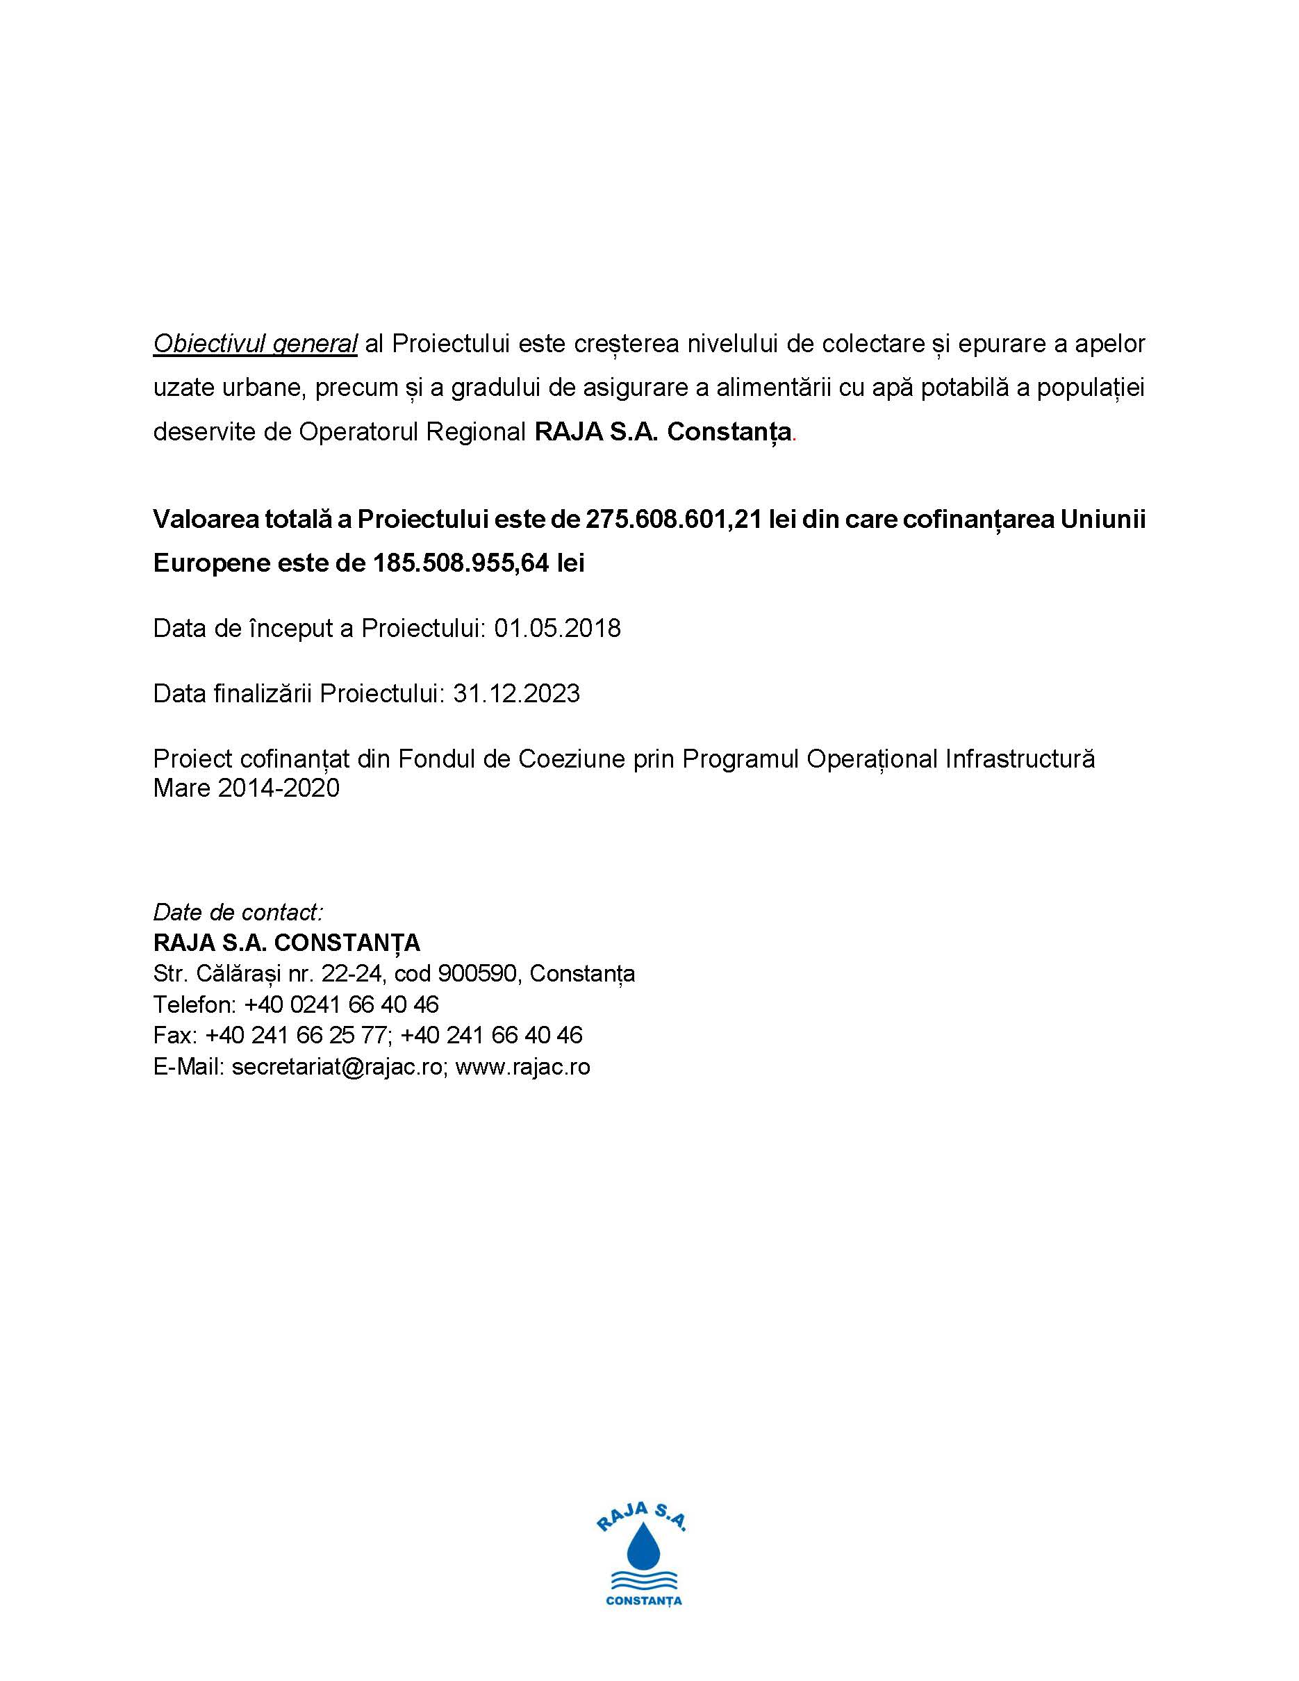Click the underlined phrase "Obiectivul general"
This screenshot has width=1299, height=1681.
coord(255,344)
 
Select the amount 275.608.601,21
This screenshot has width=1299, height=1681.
coord(673,520)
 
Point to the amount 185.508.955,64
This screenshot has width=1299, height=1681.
coord(461,563)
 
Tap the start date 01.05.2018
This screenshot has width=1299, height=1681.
coord(557,629)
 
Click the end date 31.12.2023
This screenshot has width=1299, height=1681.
coord(516,694)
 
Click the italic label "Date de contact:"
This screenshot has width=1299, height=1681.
coord(238,913)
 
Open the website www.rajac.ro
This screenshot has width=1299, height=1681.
coord(522,1068)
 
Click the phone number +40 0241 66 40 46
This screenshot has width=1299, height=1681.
coord(342,1005)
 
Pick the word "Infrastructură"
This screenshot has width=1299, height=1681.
coord(1020,760)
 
